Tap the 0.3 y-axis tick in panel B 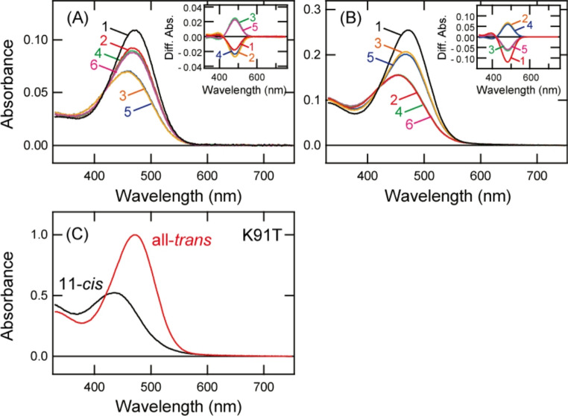point(316,9)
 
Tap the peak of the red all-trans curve point(135,235)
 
